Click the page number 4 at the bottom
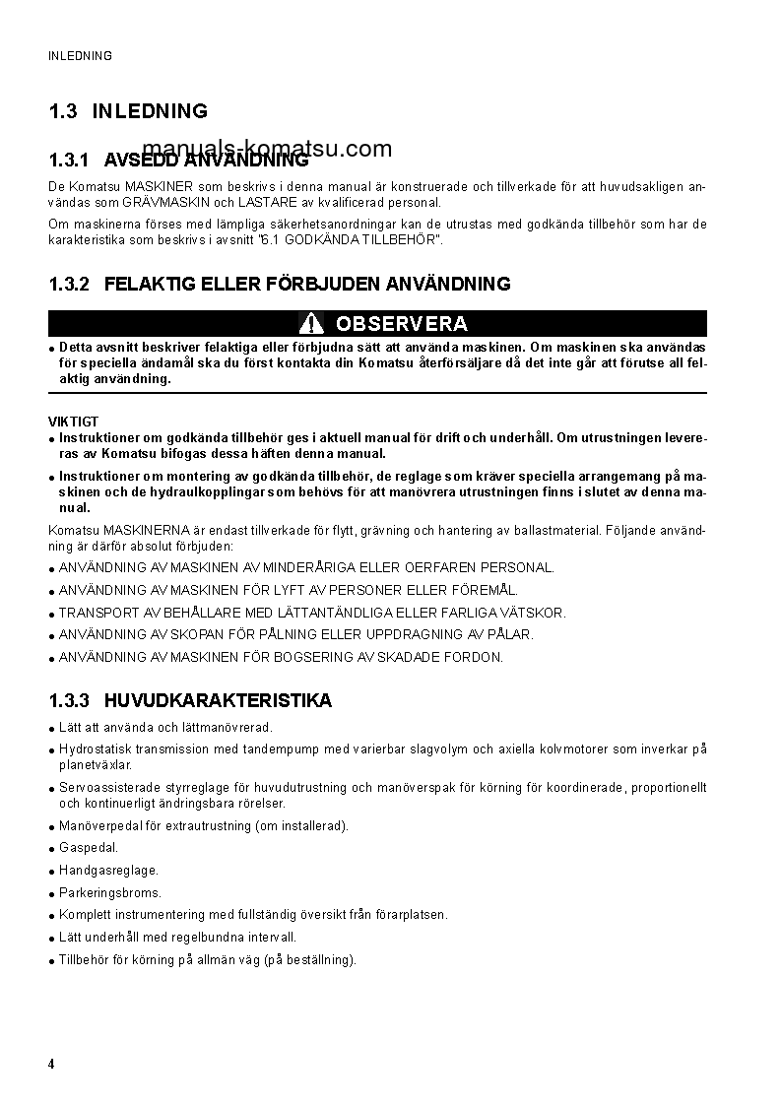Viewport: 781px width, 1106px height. point(52,1065)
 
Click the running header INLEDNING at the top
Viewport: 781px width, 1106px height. point(80,56)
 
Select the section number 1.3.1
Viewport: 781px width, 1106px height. point(69,160)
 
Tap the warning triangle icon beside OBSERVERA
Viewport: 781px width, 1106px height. point(312,323)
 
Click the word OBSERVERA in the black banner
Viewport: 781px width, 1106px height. point(401,324)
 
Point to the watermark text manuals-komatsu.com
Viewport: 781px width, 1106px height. point(274,150)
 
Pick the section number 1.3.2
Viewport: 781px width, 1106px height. point(69,285)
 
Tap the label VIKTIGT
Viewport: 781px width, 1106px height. point(74,422)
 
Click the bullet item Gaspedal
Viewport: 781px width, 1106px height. point(89,848)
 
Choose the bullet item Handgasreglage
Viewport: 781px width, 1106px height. point(108,871)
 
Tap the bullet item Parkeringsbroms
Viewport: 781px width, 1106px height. point(109,892)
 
